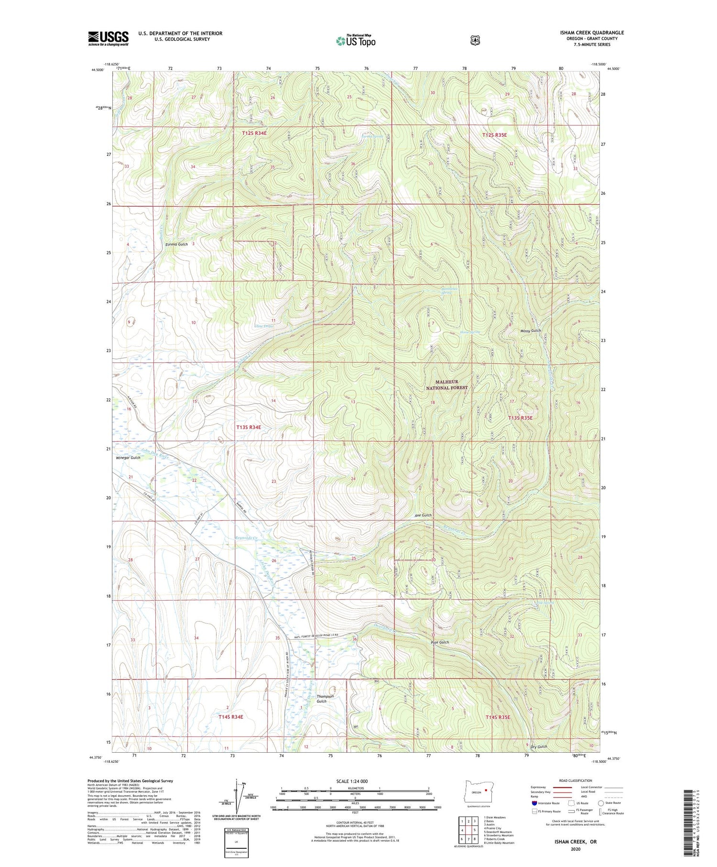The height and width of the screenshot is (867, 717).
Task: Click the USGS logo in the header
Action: (x=108, y=38)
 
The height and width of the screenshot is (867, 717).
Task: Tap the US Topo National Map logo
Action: (x=356, y=41)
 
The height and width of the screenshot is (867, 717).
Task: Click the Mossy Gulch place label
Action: (x=531, y=331)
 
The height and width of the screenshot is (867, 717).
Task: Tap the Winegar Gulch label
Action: (x=128, y=458)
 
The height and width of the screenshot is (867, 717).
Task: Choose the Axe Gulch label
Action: (x=423, y=515)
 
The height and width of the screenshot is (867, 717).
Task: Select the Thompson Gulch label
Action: (x=325, y=699)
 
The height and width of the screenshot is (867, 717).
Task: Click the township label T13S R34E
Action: (x=249, y=427)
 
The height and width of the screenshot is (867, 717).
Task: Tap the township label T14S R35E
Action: (x=498, y=717)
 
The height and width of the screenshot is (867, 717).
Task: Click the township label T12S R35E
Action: (x=494, y=135)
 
